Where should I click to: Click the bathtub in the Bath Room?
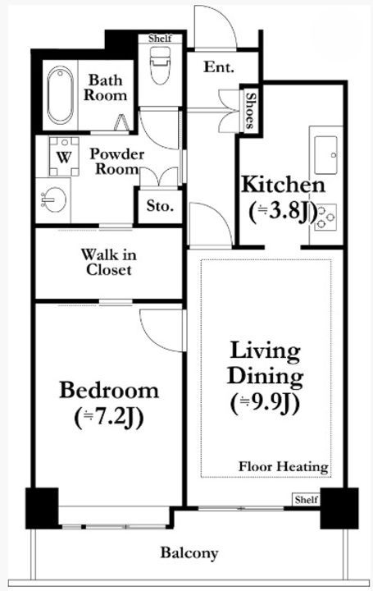(x=60, y=95)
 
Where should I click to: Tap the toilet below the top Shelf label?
(x=161, y=65)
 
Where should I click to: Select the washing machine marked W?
(x=65, y=157)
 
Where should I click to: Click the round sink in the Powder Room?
(x=54, y=199)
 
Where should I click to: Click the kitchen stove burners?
(x=325, y=217)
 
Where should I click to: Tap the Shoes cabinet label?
(x=249, y=111)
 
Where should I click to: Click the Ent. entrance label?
(x=219, y=67)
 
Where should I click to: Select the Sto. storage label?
(x=160, y=206)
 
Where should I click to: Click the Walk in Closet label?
(x=109, y=262)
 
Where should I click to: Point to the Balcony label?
(x=189, y=553)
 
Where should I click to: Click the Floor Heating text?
(x=284, y=466)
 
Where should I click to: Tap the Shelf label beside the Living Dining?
(x=307, y=500)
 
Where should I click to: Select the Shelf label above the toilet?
(x=160, y=38)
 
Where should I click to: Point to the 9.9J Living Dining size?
(x=265, y=403)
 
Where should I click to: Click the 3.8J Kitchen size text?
(x=283, y=213)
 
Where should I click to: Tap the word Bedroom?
(x=109, y=391)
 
